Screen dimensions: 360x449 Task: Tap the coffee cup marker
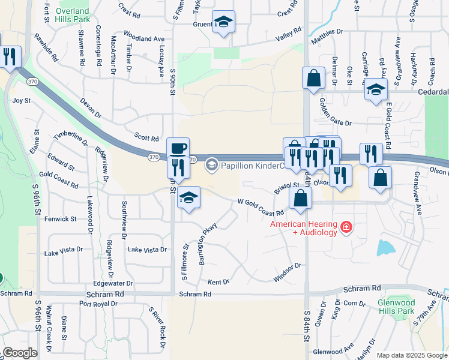point(177,148)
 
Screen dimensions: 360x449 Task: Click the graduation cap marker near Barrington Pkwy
point(188,198)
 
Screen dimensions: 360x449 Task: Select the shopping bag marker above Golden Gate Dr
point(313,78)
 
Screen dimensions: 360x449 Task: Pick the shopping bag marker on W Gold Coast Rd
point(300,198)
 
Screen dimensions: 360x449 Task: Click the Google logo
point(20,353)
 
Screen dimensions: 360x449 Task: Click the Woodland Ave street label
point(144,37)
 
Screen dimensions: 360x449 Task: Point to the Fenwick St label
point(61,220)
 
